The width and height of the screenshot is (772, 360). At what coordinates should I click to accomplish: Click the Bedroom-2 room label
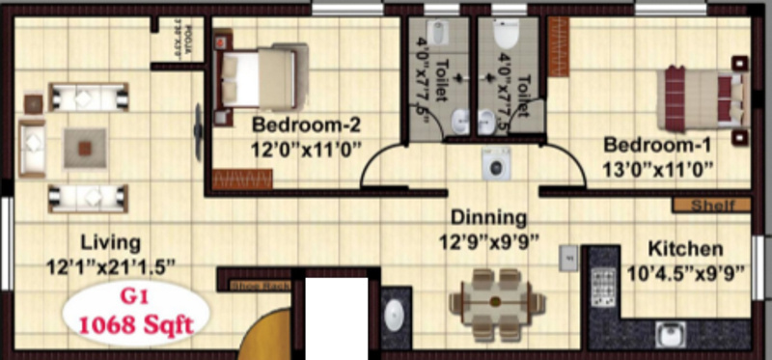coord(292,125)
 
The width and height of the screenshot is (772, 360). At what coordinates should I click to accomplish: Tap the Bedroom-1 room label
coord(657,145)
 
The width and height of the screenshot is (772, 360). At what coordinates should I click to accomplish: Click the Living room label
coord(110,241)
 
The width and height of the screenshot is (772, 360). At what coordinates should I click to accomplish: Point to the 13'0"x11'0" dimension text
coord(658,170)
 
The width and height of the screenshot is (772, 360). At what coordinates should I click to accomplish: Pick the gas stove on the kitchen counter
coord(606,283)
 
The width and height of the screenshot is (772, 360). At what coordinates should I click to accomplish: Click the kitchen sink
coord(673,334)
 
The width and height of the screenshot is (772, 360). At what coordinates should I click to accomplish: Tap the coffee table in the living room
coord(86,148)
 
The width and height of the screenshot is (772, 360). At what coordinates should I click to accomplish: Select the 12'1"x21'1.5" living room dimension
coord(110,265)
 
